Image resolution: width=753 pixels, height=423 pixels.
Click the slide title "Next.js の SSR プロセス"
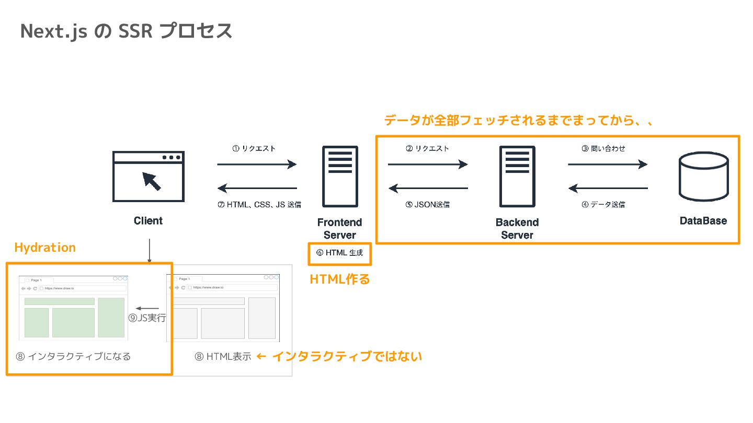tap(126, 31)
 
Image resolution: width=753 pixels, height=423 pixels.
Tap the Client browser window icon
tap(148, 176)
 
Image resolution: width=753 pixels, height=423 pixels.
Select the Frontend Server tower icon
tap(340, 177)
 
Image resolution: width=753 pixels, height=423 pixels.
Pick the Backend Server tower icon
tap(517, 177)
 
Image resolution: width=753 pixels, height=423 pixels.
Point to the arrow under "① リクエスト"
tap(257, 164)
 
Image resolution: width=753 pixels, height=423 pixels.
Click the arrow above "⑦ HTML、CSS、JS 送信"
tap(257, 188)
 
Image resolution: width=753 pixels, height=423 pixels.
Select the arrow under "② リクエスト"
tap(428, 164)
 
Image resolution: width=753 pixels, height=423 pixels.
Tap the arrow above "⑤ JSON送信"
tap(428, 188)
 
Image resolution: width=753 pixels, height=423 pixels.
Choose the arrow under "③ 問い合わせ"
tap(608, 164)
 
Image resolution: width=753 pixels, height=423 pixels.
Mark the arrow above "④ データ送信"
tap(608, 188)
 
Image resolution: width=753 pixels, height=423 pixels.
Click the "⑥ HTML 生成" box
tap(340, 253)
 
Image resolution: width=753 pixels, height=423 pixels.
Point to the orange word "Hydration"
tap(45, 248)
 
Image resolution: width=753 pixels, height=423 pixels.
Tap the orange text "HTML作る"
tap(340, 280)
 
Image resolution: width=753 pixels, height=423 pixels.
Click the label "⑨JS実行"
tap(147, 318)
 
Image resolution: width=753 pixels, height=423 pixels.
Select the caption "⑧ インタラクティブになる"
tap(73, 357)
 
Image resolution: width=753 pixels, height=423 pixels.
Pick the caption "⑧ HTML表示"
tap(223, 357)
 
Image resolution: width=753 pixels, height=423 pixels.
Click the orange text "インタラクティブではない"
tap(347, 357)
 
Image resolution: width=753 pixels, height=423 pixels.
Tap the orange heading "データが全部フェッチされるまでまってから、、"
tap(519, 121)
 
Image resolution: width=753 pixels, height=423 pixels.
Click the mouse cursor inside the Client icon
tap(152, 181)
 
